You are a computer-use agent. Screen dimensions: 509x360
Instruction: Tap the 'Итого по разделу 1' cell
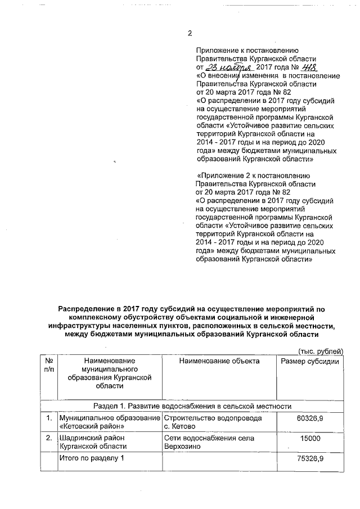tap(91, 459)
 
